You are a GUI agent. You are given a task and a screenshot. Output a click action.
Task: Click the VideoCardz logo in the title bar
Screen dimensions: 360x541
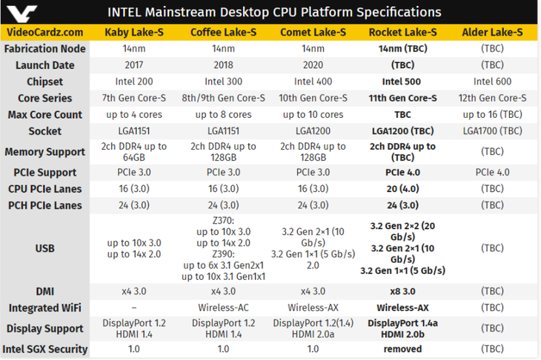click(23, 13)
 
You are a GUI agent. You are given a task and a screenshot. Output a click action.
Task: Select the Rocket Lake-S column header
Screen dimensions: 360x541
click(402, 32)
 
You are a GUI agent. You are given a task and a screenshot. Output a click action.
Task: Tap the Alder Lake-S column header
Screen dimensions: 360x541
click(492, 32)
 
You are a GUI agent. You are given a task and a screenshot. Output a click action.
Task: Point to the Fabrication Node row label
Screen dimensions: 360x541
click(45, 48)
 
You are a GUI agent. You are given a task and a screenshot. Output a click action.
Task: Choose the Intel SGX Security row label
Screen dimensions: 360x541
click(45, 349)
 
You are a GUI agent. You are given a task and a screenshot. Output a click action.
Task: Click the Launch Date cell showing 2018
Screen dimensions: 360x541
click(224, 65)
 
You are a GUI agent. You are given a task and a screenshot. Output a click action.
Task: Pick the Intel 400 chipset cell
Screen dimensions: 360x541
click(313, 81)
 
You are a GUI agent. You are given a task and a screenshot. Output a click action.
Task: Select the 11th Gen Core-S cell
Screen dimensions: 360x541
click(402, 98)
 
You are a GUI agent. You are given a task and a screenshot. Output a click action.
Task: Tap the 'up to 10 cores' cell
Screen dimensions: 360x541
click(313, 115)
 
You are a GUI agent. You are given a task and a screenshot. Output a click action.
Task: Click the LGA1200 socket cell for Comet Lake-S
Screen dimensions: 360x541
click(313, 131)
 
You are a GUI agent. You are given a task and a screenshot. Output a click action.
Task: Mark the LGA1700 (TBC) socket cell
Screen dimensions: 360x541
click(492, 131)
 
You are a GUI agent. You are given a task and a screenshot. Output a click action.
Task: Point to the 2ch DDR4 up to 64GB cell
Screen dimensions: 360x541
click(135, 152)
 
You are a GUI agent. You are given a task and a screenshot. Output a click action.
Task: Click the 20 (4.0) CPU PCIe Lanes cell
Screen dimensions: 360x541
click(402, 189)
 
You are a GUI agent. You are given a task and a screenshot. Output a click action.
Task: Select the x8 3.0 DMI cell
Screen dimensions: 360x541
click(402, 292)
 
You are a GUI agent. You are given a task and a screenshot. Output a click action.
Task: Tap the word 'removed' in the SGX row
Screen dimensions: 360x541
click(402, 349)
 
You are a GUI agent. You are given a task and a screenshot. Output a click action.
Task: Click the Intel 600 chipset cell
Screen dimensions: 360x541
click(492, 81)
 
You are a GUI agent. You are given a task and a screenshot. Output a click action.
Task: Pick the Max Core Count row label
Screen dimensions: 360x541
click(45, 115)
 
